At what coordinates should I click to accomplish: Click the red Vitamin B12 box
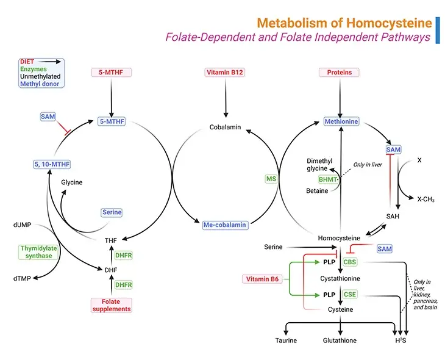(226, 73)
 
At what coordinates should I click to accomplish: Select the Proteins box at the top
(339, 73)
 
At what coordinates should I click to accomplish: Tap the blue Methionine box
(341, 121)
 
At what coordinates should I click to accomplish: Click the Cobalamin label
(226, 128)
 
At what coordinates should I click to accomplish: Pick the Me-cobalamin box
(226, 225)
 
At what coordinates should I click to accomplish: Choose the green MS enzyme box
(271, 179)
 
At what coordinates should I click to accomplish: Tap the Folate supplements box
(111, 304)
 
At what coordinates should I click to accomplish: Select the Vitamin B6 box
(262, 279)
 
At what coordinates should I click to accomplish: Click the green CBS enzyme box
(350, 262)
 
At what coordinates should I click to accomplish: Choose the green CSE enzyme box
(350, 294)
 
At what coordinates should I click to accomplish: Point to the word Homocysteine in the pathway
(339, 237)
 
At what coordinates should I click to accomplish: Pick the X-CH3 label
(425, 199)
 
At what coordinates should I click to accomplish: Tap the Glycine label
(71, 182)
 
